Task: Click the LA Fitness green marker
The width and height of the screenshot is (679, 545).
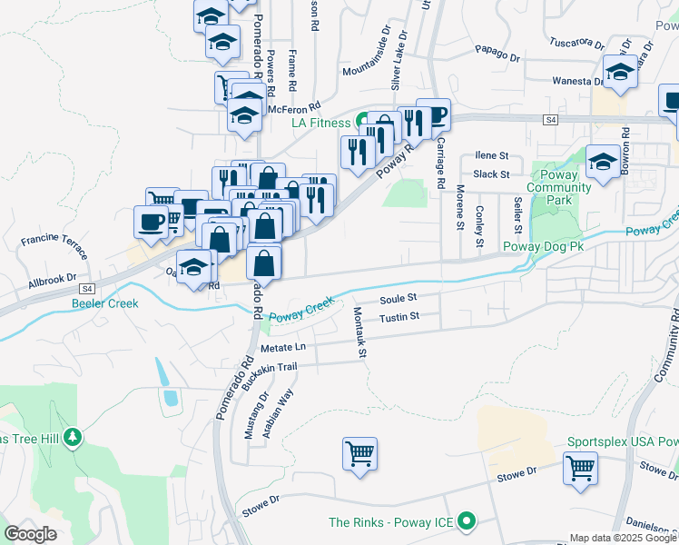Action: (362, 121)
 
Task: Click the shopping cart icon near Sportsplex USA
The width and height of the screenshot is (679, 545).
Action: (580, 470)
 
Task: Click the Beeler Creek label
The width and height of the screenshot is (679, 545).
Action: (105, 303)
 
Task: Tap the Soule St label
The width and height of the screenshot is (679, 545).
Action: (398, 298)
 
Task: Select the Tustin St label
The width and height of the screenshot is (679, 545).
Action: (399, 317)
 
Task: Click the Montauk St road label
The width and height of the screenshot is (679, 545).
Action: (359, 331)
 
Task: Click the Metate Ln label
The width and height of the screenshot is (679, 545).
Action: (283, 348)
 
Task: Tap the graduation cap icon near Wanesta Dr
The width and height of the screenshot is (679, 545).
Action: (621, 72)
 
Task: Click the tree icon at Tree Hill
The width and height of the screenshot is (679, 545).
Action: (73, 438)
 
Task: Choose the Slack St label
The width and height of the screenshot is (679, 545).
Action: (491, 173)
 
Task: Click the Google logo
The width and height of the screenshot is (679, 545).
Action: (31, 533)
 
